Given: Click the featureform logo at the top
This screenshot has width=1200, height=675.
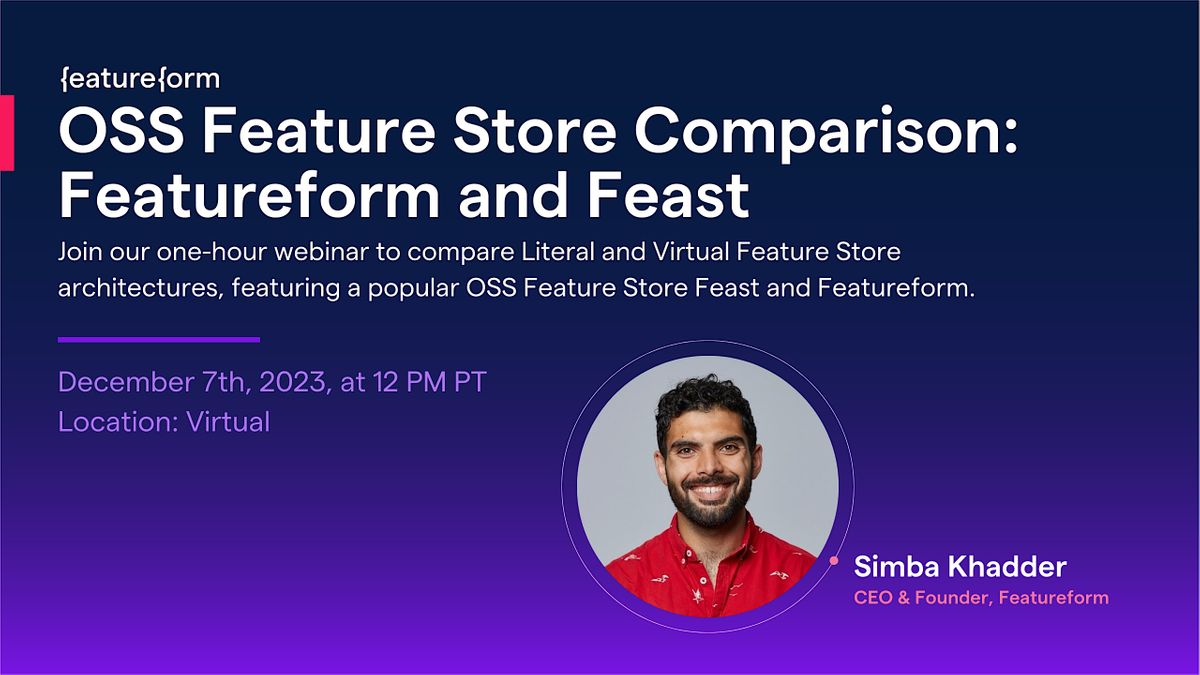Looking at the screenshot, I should [x=139, y=78].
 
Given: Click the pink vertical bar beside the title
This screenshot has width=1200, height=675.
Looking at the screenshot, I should [x=6, y=132].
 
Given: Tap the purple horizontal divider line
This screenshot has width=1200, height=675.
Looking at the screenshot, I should [x=159, y=340].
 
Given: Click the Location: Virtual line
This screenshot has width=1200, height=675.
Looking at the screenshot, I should [x=164, y=422].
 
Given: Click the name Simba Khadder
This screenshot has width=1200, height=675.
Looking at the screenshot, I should [x=960, y=567].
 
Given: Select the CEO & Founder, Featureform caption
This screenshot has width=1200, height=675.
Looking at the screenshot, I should [x=980, y=598].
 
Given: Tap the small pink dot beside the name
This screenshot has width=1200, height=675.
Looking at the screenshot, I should [x=833, y=561].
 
